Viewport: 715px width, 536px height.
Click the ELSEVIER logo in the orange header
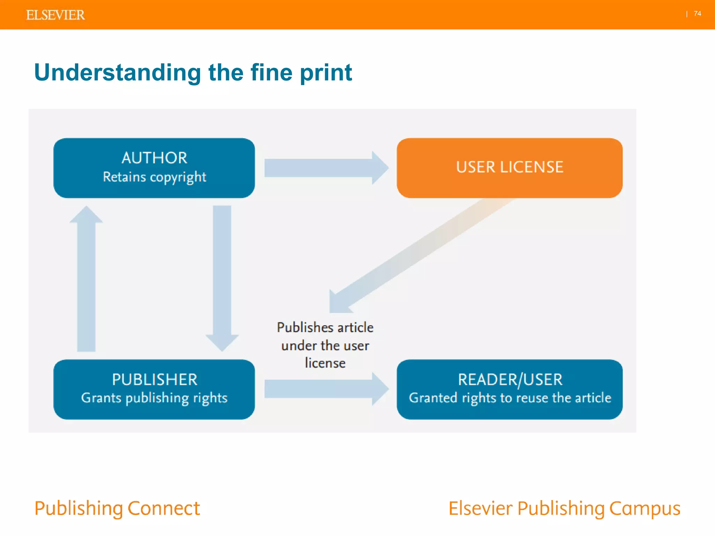tap(55, 15)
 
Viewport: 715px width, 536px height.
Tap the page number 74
tap(697, 14)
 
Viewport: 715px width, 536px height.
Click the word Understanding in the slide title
tap(118, 73)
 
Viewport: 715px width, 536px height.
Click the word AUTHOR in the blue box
tap(154, 158)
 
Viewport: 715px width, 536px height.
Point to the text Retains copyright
tap(154, 177)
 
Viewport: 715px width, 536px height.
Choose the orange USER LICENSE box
tap(509, 167)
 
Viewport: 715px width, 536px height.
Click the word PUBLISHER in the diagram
tap(154, 380)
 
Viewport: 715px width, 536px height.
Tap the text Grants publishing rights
tap(154, 398)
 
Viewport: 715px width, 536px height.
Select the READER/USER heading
tap(510, 380)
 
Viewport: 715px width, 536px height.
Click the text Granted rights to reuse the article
tap(510, 398)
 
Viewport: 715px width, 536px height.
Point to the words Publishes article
tap(325, 328)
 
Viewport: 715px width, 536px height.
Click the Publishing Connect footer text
tap(117, 508)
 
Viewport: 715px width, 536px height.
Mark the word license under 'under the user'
tap(325, 363)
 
